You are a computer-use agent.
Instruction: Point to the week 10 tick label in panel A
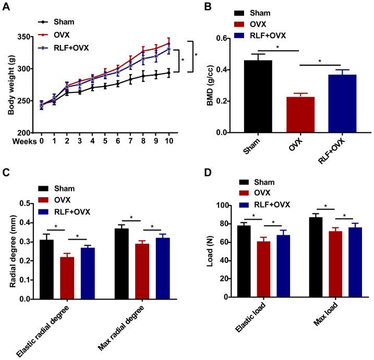(x=168, y=141)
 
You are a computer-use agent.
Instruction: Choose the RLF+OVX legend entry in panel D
(x=264, y=204)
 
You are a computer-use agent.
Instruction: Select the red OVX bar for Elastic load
(x=264, y=269)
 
